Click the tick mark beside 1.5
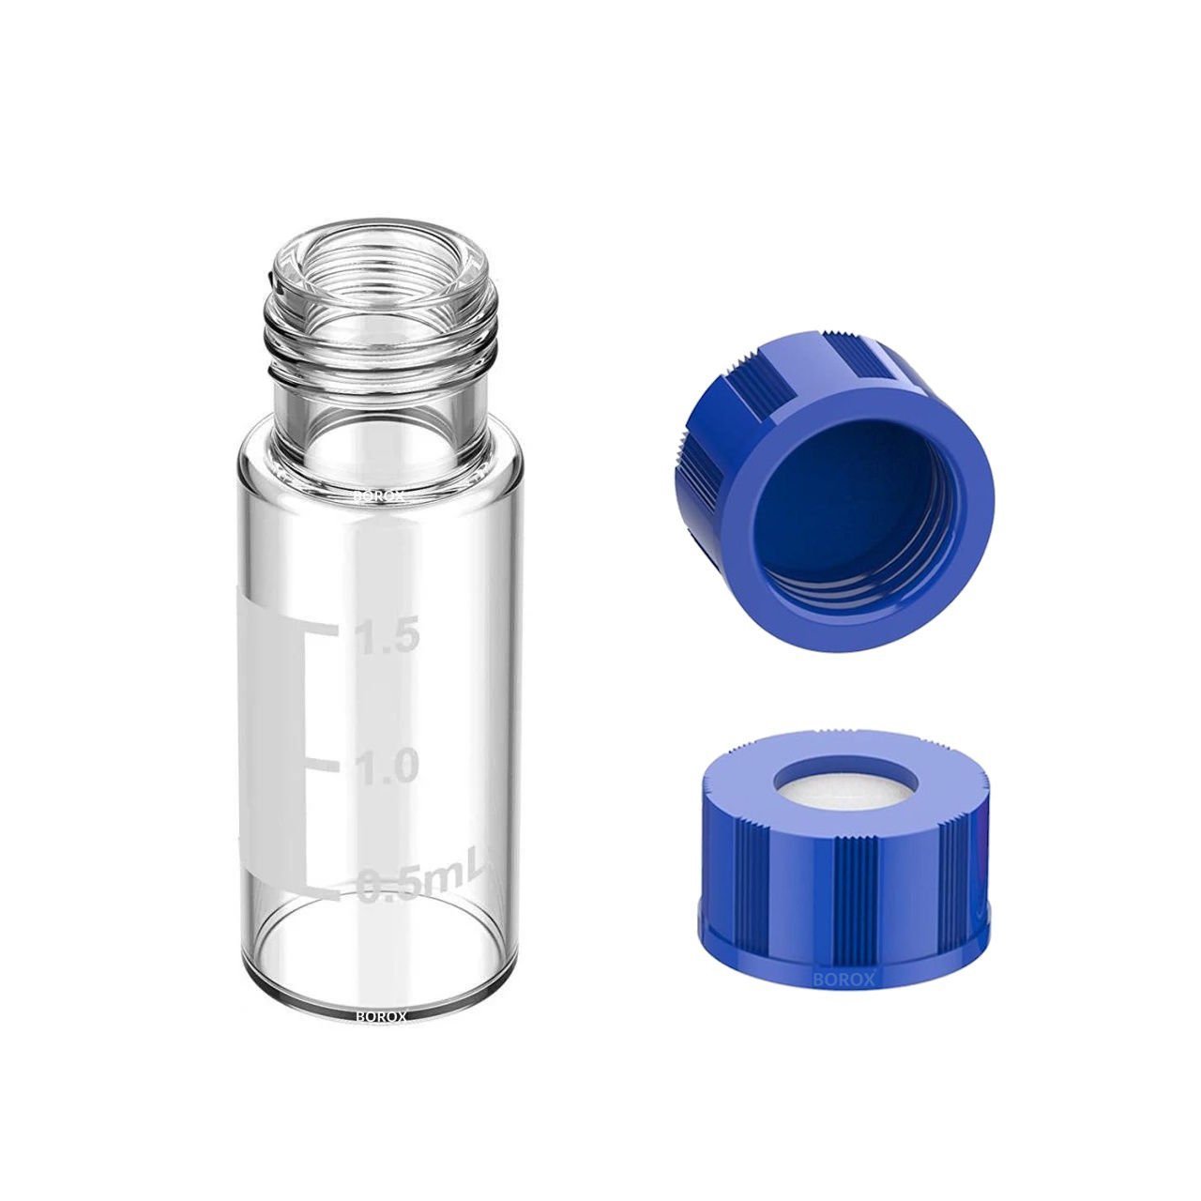pyautogui.click(x=319, y=627)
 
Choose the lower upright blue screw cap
pyautogui.click(x=844, y=863)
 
